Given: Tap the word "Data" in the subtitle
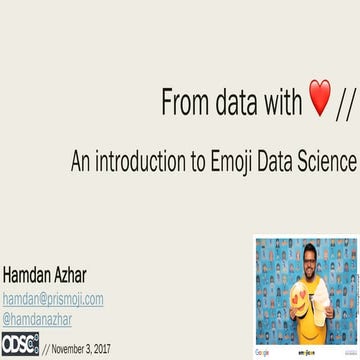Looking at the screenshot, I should click(282, 160).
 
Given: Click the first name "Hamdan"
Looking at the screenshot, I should click(32, 275).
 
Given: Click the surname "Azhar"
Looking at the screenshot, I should click(87, 275).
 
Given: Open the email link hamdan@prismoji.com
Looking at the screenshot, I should click(53, 299).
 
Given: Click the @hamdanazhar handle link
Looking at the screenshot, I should click(37, 319).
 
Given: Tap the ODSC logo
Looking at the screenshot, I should click(19, 344).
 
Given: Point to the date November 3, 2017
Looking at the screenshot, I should click(78, 348).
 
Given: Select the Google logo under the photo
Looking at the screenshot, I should click(264, 353).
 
